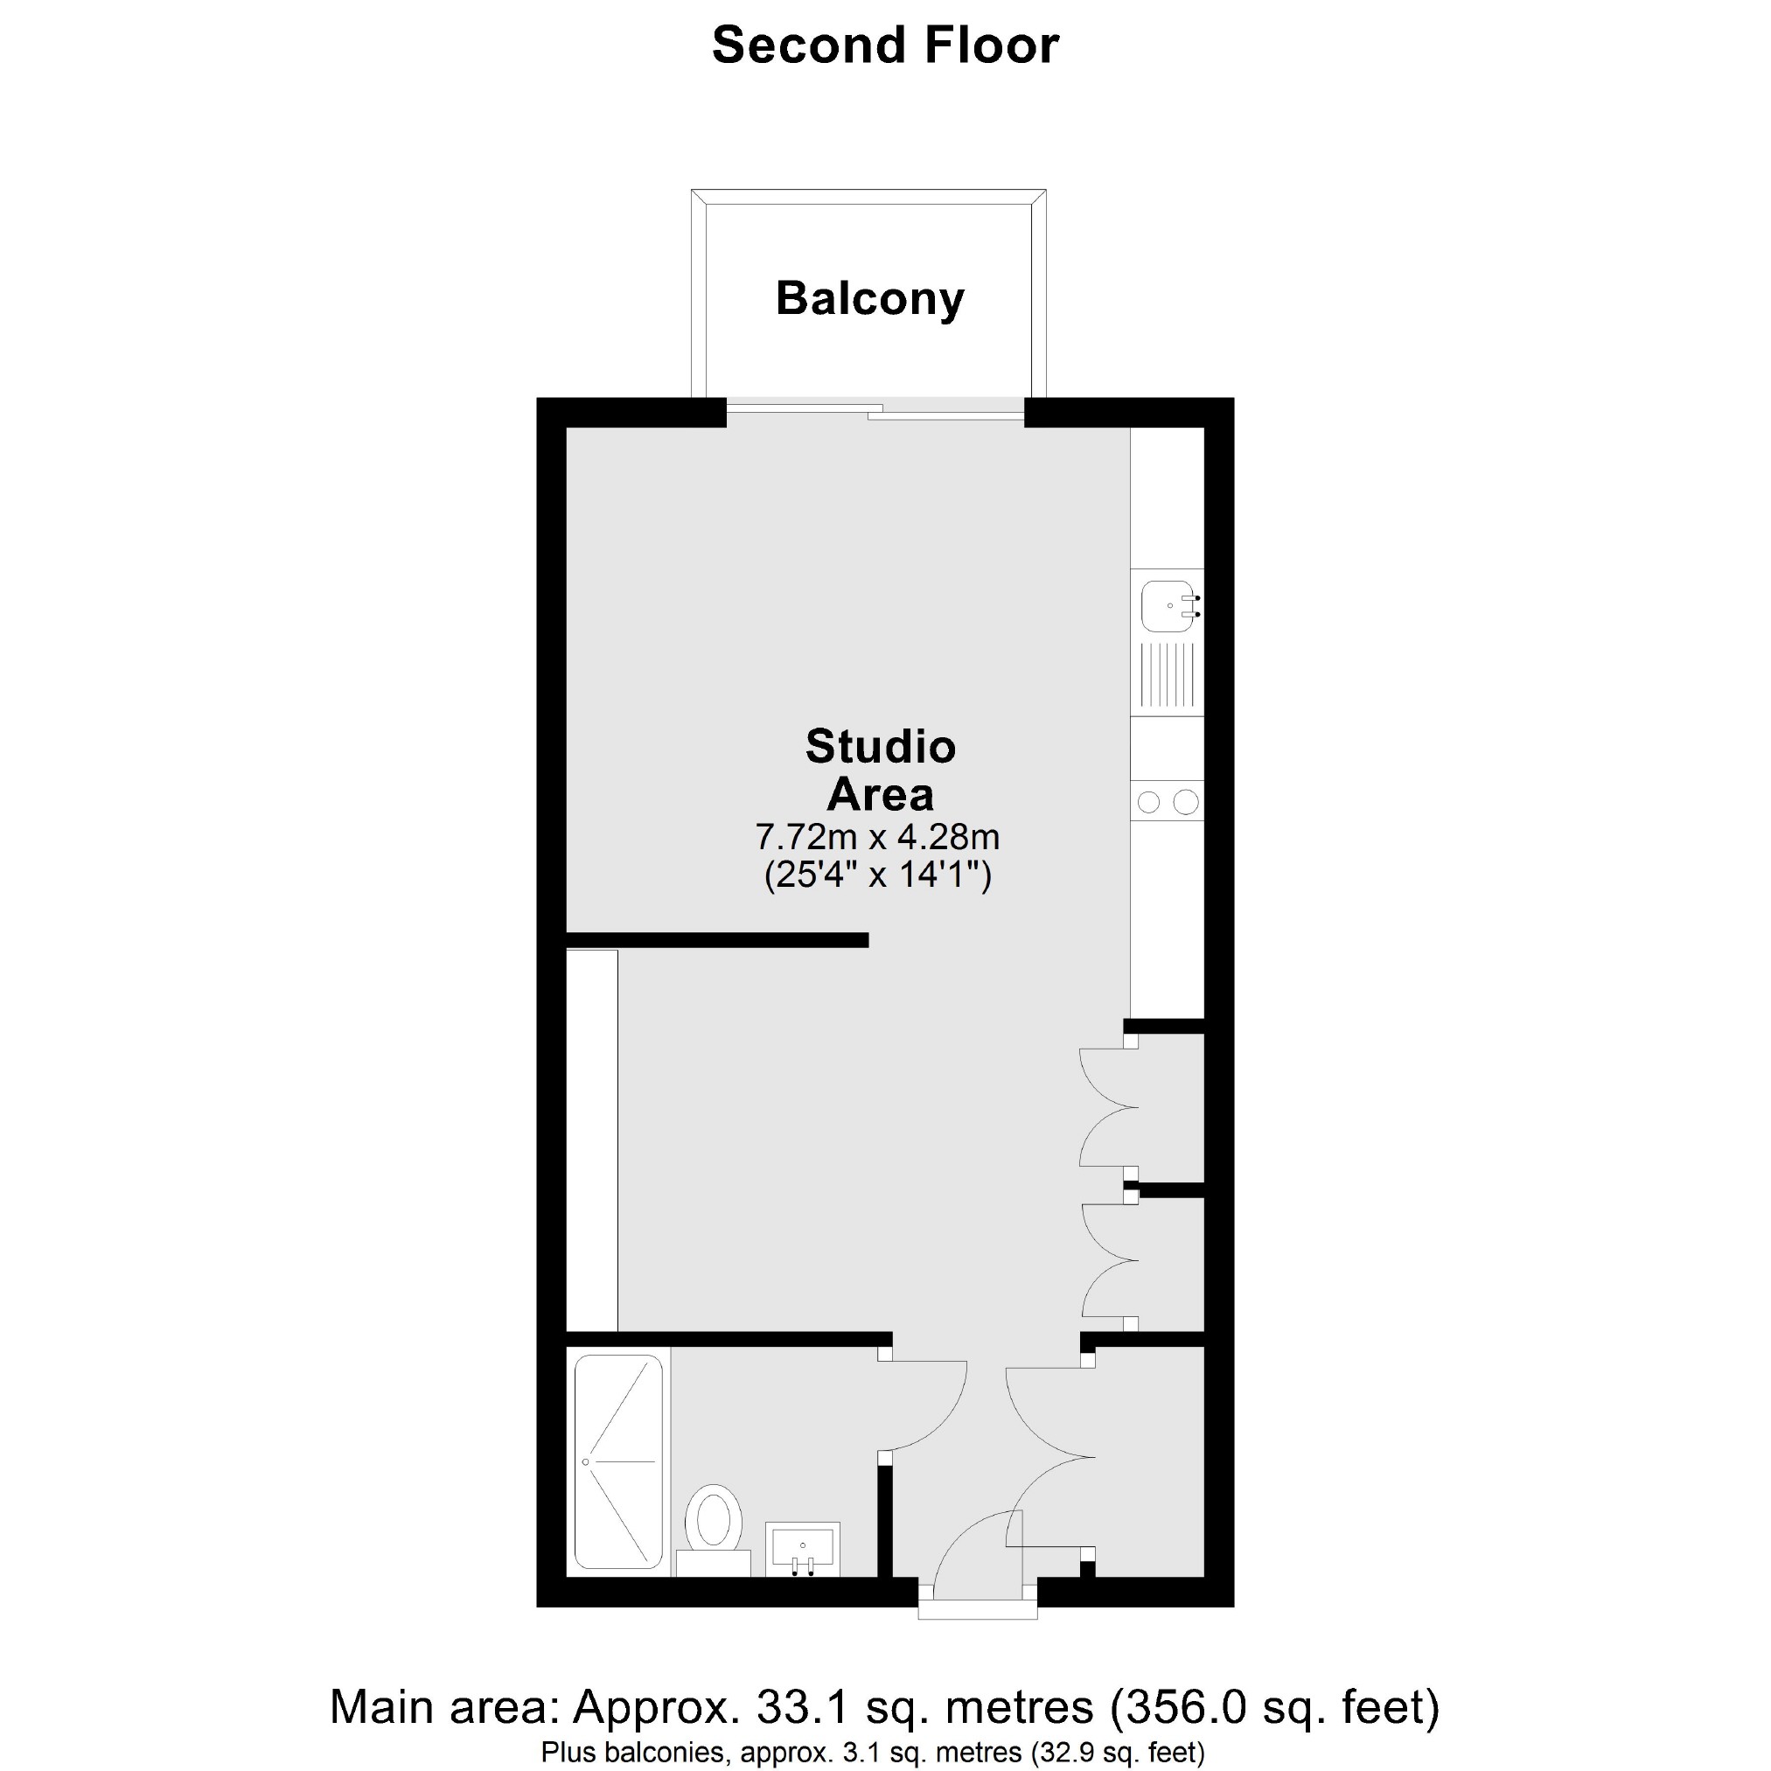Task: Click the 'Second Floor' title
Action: [x=884, y=45]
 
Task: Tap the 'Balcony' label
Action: [x=869, y=299]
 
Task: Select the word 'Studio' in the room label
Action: [x=880, y=746]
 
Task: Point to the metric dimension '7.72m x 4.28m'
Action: [x=876, y=836]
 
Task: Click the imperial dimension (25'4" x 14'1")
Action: [x=877, y=876]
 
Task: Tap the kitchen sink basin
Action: [x=1166, y=606]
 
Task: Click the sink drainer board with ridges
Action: [x=1166, y=679]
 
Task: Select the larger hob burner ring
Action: [x=1185, y=802]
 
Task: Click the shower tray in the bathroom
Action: [x=617, y=1461]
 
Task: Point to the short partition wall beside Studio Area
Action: [x=717, y=939]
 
